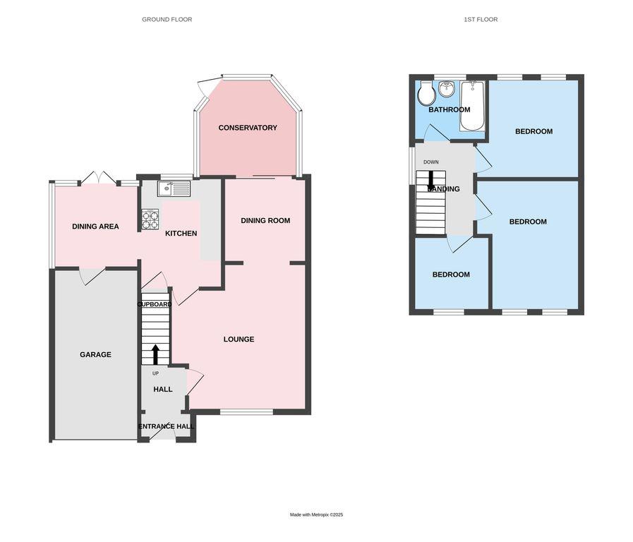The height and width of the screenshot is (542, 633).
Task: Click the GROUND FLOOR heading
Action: point(167,20)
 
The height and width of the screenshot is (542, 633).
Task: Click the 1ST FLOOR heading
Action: point(481,20)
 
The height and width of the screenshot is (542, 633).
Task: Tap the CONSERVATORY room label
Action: point(248,128)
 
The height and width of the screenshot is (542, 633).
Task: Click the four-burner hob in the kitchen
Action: point(150,219)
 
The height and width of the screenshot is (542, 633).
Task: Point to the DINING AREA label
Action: point(95,227)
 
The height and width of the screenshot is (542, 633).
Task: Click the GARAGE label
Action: point(95,354)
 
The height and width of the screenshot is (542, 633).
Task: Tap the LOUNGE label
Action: point(239,339)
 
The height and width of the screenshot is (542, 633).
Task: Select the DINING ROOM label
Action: point(265,221)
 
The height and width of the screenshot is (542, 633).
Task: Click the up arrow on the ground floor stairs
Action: point(156,354)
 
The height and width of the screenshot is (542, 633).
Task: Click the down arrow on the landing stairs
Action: point(431,181)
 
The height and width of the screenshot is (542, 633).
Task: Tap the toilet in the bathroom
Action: point(426,93)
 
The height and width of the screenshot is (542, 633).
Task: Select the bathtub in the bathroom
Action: point(472,107)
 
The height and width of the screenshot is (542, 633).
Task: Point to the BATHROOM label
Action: point(450,109)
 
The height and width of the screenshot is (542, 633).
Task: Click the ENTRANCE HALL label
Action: point(166,426)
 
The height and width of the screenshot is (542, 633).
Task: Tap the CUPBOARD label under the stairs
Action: point(154,304)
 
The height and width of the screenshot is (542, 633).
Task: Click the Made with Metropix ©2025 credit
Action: point(316,514)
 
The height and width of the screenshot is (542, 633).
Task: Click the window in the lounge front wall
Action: point(246,411)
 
